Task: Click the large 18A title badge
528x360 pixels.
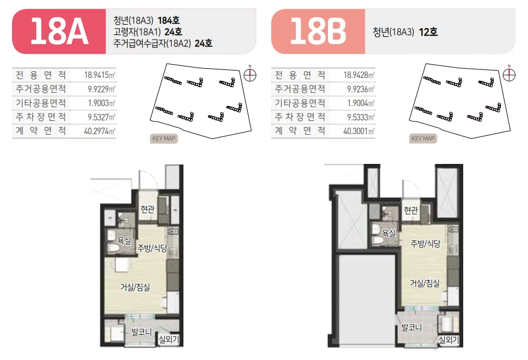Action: (59, 32)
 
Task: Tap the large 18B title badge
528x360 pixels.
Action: (318, 32)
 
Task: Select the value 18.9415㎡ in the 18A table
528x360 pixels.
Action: (100, 75)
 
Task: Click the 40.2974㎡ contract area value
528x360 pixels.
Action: (100, 131)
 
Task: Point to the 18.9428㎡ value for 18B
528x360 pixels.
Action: (359, 75)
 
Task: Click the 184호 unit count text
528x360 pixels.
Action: (169, 21)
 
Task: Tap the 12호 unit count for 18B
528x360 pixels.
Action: (428, 32)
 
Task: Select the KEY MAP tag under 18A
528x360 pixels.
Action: (163, 138)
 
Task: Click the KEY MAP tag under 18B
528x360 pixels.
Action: (423, 138)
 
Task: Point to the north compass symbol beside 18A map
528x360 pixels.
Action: (250, 75)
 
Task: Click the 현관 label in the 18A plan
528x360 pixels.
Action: (147, 209)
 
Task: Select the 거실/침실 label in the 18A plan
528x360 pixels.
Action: (135, 287)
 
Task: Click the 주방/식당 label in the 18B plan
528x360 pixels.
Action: (425, 244)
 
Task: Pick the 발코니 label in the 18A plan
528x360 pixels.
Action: (142, 332)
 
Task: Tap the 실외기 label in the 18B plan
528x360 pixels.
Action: (449, 340)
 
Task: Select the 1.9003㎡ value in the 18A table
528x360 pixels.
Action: (101, 103)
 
